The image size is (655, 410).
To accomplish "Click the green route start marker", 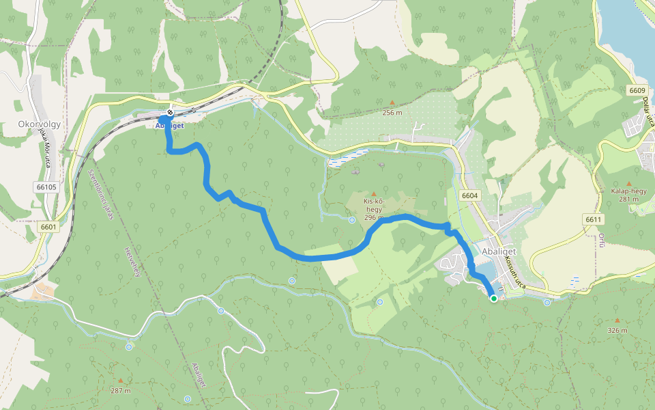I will (493, 298).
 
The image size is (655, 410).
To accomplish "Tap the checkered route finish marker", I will (169, 113).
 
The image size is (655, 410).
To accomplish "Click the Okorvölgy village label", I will (40, 125).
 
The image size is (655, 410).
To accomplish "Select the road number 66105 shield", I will (46, 187).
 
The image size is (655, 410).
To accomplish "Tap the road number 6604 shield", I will (469, 195).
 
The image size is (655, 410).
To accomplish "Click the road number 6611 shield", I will (594, 219).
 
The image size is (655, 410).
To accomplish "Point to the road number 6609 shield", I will (637, 90).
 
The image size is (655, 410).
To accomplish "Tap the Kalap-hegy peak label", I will (629, 191).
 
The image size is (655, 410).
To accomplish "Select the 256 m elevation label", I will (392, 113).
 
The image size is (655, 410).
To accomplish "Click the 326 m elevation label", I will (617, 330).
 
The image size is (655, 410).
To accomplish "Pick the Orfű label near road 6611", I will (602, 240).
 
